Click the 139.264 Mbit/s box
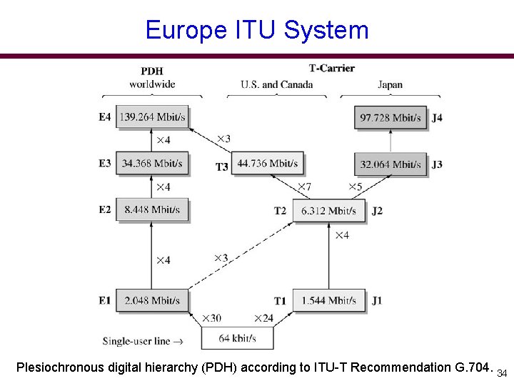(x=152, y=117)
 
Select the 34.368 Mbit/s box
(x=152, y=164)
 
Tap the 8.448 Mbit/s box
(x=152, y=210)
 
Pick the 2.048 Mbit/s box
(x=152, y=300)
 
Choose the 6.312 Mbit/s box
(x=328, y=210)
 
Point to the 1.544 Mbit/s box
(x=328, y=300)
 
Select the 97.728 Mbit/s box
(x=390, y=117)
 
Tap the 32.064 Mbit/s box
(x=390, y=164)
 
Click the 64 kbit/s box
(x=237, y=337)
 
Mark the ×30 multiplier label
(x=211, y=318)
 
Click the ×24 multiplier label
(x=263, y=318)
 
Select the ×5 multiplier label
(x=356, y=187)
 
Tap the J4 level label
(x=437, y=117)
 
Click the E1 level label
(x=105, y=300)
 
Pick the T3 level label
(x=222, y=167)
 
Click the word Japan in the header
(x=390, y=84)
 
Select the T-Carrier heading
(x=331, y=69)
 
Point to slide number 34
(x=502, y=374)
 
